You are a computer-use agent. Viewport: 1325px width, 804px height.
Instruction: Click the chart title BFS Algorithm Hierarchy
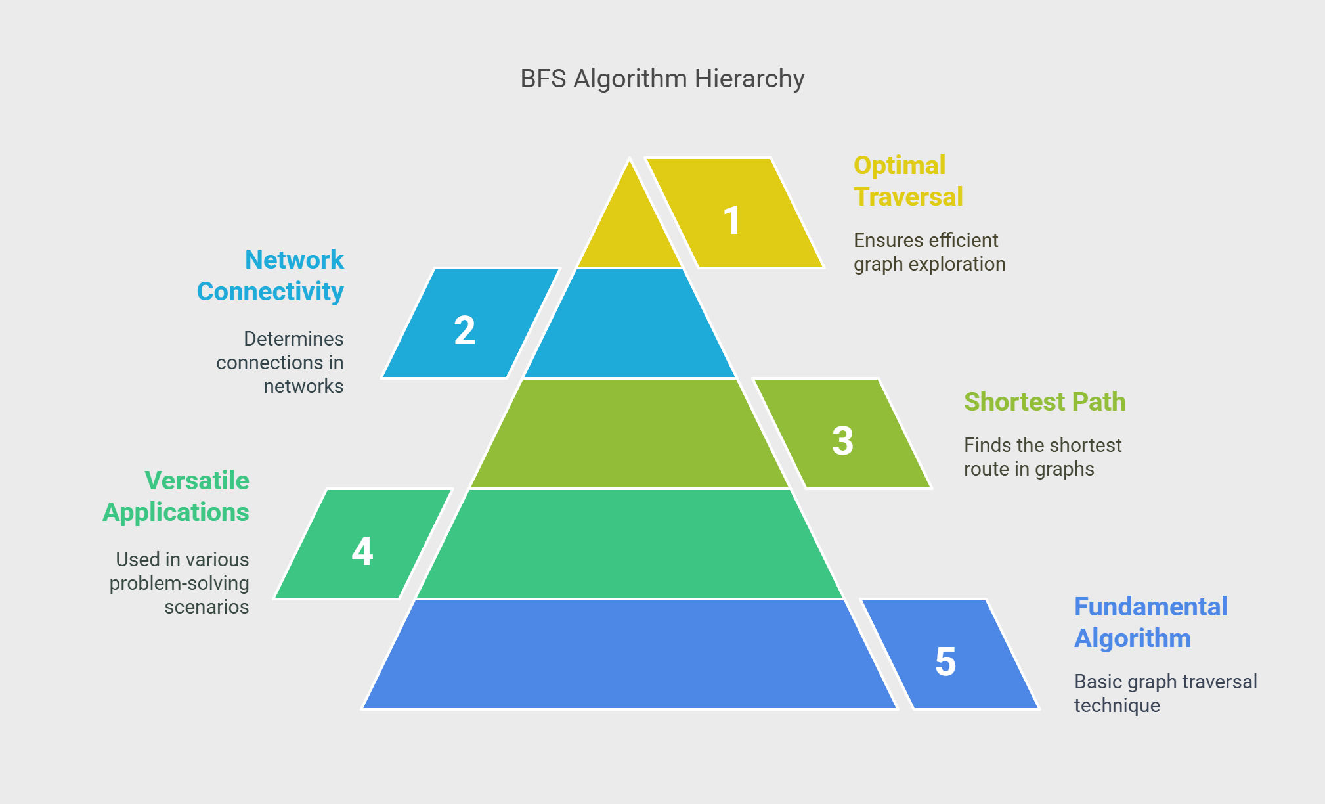coord(662,79)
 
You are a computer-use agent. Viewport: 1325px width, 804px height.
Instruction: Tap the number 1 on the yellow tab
coord(732,220)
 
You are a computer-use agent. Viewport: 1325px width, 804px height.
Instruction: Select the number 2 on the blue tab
coord(465,330)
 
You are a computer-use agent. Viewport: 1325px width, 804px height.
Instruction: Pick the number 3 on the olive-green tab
coord(842,441)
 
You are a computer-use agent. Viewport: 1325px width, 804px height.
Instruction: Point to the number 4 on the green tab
coord(362,550)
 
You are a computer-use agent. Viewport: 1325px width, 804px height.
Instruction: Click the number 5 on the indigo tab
coord(945,661)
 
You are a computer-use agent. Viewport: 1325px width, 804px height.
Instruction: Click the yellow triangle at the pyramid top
coord(630,223)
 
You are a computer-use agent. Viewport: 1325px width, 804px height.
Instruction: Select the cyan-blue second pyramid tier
coord(630,323)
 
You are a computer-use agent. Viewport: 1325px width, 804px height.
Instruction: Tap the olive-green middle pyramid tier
coord(630,434)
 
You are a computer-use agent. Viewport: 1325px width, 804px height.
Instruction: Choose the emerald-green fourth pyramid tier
coord(630,544)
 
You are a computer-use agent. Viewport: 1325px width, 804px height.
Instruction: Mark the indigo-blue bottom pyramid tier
coord(630,654)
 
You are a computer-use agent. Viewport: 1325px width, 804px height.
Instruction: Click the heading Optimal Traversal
coord(908,181)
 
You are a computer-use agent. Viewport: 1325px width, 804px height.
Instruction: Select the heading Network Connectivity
coord(270,276)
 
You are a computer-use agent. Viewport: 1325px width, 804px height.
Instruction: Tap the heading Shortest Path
coord(1045,402)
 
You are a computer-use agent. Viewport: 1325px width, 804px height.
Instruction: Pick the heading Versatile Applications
coord(176,497)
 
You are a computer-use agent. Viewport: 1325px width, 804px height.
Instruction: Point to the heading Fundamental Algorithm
coord(1150,623)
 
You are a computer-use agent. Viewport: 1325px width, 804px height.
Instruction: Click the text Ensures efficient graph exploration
coord(929,252)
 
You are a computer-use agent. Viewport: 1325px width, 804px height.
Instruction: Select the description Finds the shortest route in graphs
coord(1043,457)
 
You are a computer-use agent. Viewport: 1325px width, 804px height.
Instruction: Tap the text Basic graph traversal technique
coord(1165,694)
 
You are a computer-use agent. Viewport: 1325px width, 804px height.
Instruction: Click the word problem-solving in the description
coord(179,583)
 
